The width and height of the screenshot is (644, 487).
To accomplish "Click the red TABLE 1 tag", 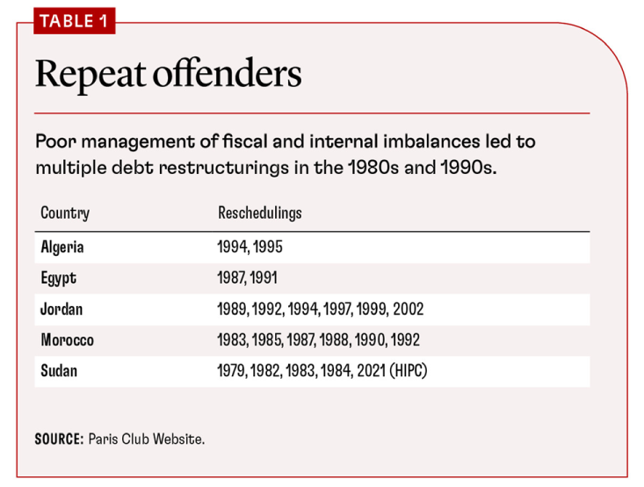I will click(74, 21).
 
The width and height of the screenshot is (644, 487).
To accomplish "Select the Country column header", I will click(65, 213).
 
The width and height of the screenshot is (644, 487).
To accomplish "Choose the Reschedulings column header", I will click(259, 213).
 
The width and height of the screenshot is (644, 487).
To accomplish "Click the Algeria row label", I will click(62, 247).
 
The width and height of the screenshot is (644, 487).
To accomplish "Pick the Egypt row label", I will click(59, 278).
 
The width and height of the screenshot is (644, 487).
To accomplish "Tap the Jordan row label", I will click(62, 309).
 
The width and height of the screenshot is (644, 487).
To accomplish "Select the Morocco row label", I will click(67, 339).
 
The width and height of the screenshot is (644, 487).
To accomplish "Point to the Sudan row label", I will click(59, 370).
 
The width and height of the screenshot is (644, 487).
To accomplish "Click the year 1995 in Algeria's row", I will click(268, 247).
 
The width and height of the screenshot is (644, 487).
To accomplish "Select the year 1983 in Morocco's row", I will click(232, 339).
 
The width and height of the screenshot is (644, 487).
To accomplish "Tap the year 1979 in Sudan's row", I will click(232, 370).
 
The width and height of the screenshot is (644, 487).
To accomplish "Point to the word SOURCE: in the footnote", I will click(59, 439).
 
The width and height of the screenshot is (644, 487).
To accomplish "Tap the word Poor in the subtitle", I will click(53, 142).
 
